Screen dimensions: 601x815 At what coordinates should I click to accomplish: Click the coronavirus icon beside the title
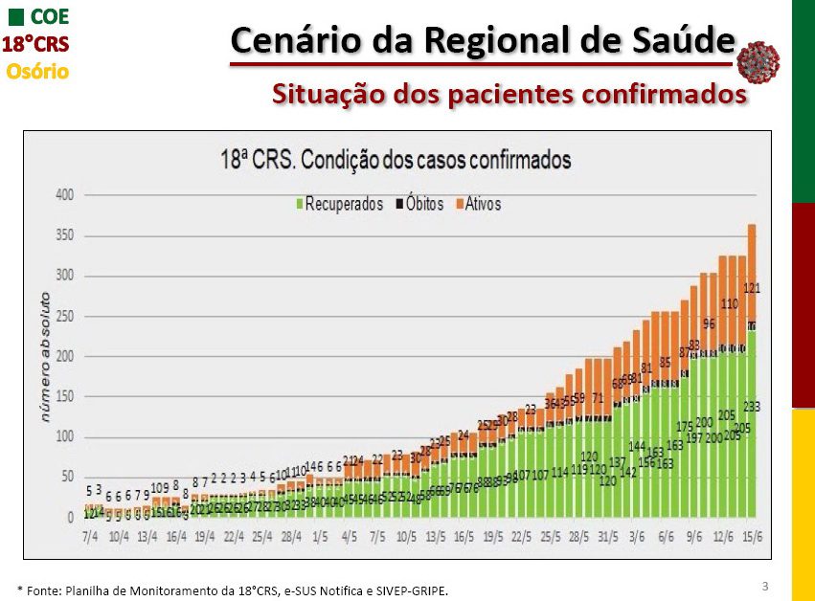[759, 62]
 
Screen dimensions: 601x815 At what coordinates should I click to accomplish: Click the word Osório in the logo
[37, 71]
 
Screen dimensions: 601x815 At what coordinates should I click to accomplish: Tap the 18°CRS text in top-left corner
[34, 44]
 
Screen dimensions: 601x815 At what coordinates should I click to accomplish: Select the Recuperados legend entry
[339, 204]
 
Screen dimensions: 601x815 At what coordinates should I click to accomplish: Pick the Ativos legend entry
[478, 204]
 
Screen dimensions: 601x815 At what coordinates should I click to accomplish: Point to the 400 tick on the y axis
[64, 195]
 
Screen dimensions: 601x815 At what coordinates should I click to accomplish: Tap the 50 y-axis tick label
[67, 478]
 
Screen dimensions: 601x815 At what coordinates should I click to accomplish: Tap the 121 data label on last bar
[752, 288]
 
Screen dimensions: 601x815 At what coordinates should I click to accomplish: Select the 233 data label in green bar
[751, 407]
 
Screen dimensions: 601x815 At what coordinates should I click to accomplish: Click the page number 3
[764, 584]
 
